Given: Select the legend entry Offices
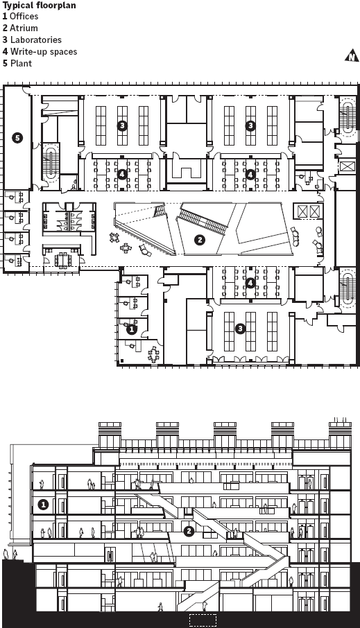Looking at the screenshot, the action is point(24,17).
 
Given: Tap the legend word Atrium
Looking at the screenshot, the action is point(24,28).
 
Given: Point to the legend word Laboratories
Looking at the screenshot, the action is point(35,40).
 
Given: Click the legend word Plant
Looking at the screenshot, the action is point(22,63).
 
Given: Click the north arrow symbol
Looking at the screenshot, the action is point(352,55).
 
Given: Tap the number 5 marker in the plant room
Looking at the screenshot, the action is point(17,138).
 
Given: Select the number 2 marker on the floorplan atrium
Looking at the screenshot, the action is point(199,240).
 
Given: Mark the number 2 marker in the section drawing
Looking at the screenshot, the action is point(189,532).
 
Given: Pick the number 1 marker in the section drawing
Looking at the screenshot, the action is point(43,505).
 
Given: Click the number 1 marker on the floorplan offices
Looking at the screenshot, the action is point(132,330).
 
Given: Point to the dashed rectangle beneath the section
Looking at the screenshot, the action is point(203,620).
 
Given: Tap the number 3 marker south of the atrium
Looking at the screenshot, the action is point(240,329).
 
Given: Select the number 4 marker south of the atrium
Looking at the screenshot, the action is point(250,284).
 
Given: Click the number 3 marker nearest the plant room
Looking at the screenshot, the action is point(122,125).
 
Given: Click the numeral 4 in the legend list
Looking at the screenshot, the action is point(6,52).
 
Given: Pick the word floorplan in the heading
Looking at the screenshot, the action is point(55,6).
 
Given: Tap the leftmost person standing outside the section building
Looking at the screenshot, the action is point(6,555).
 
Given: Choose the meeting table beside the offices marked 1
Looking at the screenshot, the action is point(153,354).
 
